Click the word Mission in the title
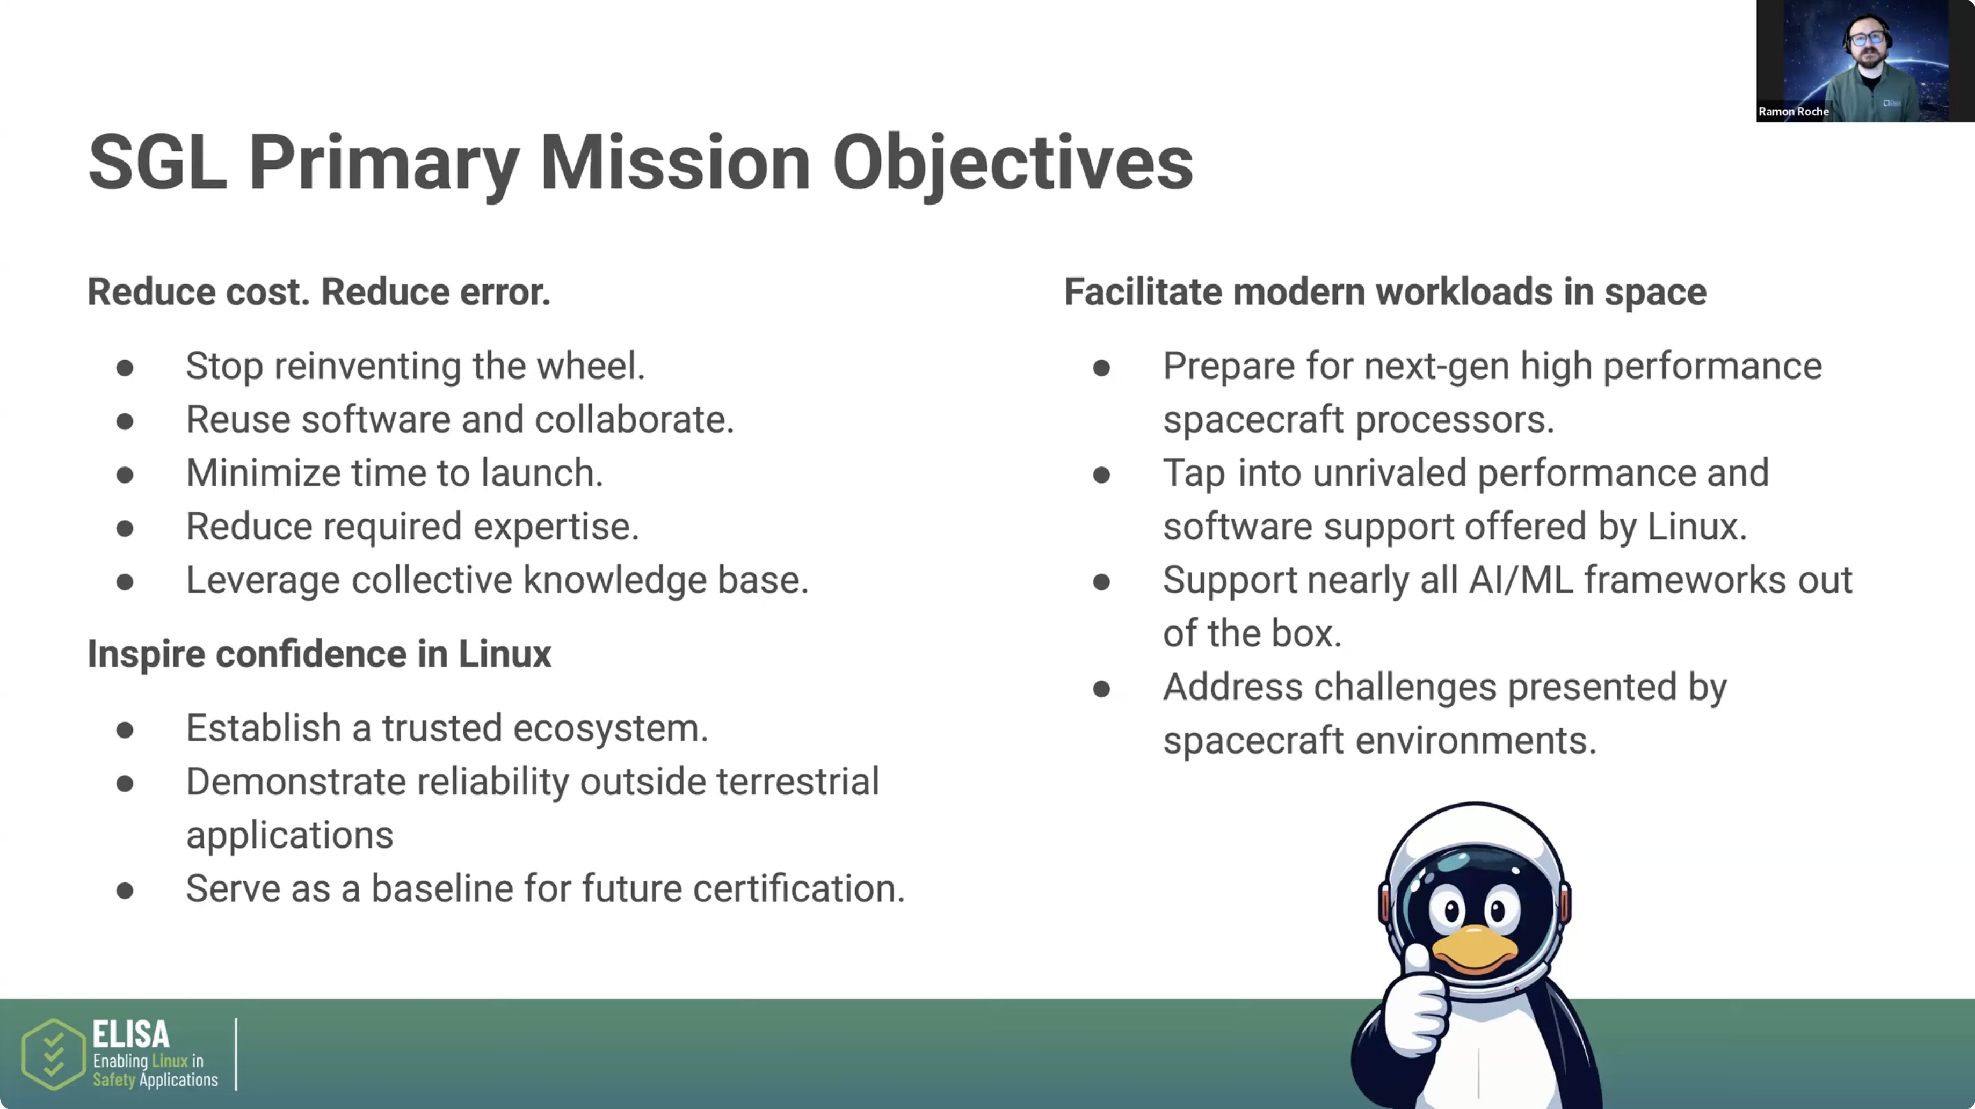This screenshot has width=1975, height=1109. click(x=674, y=163)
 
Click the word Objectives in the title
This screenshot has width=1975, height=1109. click(x=1012, y=163)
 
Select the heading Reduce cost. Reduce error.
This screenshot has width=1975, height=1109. click(x=319, y=292)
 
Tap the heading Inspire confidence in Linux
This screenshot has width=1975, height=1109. click(x=319, y=654)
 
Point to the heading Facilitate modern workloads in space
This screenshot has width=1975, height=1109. click(x=1385, y=292)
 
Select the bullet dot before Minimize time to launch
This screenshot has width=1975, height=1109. click(x=125, y=475)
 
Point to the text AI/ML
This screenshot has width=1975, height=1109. click(x=1520, y=580)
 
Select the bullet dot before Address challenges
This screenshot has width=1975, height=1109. click(x=1102, y=689)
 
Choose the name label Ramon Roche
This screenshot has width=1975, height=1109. click(x=1794, y=112)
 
